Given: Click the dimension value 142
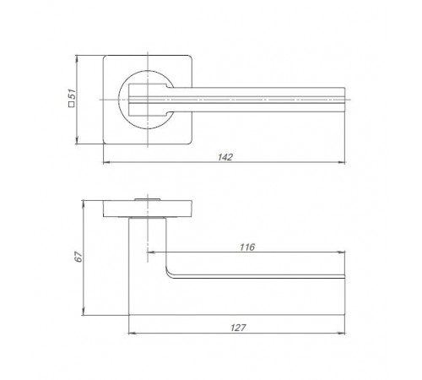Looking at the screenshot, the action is [225, 157].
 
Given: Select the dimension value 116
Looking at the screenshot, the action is [247, 247].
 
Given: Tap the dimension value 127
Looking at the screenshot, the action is [238, 328].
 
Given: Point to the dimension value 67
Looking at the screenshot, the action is [78, 256].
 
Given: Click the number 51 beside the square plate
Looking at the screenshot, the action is [73, 94].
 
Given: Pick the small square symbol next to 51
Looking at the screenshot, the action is [72, 105].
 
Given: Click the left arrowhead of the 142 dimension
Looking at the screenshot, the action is [106, 162].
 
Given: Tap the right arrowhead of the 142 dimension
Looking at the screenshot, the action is [342, 162].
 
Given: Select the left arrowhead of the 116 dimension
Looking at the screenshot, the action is [151, 252].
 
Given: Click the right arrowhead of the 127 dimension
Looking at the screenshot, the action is [342, 334].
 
